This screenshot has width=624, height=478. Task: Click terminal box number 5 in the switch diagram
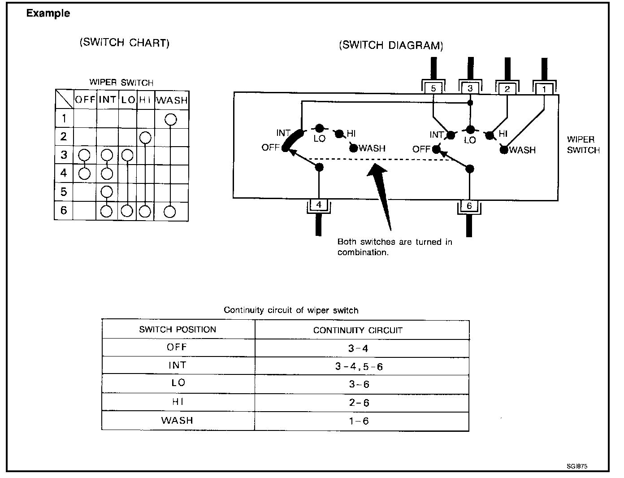point(433,88)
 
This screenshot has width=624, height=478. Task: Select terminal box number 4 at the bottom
point(319,205)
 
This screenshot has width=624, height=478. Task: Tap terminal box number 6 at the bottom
point(469,206)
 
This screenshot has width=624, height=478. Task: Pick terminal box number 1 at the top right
point(544,89)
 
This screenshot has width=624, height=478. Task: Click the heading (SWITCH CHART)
point(125,43)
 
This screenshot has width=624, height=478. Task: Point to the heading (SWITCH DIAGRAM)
point(391,45)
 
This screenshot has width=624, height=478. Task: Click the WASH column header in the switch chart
point(172,100)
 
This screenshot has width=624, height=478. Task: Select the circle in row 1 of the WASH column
point(171,119)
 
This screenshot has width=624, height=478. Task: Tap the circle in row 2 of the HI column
point(145,137)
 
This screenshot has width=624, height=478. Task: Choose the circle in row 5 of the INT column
point(106,192)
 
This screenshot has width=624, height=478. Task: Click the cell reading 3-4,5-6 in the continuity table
point(359,366)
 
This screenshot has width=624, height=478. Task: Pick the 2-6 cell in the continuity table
point(359,403)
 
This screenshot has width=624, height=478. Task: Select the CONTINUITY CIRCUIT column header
point(358,330)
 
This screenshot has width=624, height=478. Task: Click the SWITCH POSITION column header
point(178,330)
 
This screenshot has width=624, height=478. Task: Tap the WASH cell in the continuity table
point(177,421)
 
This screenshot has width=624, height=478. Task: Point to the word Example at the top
point(48,13)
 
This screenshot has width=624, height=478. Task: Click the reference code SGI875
point(577,466)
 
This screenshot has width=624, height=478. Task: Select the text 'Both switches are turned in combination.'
point(394,247)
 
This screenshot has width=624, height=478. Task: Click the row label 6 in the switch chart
point(64,210)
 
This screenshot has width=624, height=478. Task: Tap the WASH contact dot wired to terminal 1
point(504,150)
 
